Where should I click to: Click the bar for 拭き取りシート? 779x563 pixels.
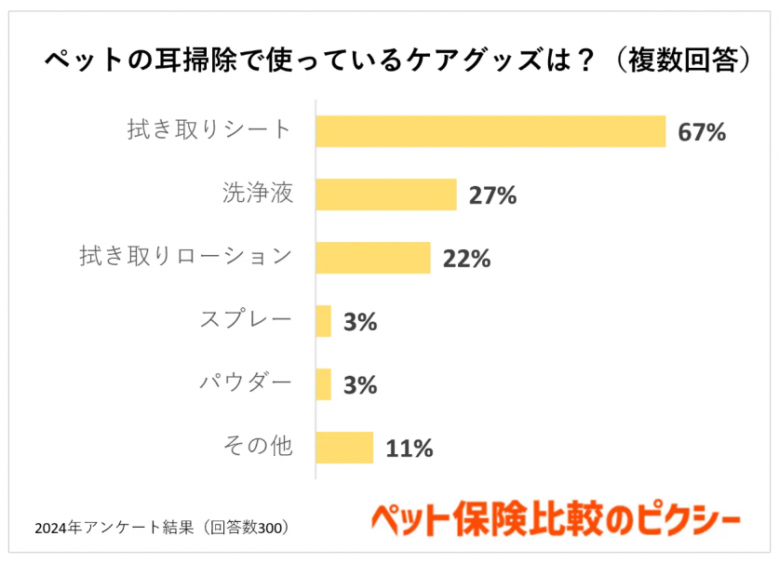coord(490,131)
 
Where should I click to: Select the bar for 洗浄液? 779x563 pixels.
coord(385,194)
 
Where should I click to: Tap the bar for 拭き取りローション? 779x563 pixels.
coord(372,258)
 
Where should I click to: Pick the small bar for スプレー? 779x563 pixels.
coord(323,321)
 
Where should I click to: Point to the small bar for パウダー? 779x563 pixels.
coord(323,384)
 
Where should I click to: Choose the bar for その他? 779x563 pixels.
coord(344,448)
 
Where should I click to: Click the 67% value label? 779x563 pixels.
coord(701,132)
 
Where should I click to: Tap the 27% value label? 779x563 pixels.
coord(492,195)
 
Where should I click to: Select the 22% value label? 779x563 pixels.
coord(466,259)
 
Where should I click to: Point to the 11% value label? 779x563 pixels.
coord(409,449)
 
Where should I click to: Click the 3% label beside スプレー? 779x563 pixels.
coord(359,322)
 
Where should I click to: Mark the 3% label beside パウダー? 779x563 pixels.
coord(359,385)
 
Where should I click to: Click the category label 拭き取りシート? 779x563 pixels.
coord(209,130)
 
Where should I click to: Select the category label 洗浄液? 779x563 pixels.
coord(258,194)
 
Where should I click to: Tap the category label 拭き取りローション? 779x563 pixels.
coord(186,257)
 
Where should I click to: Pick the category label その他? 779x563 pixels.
coord(258,447)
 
